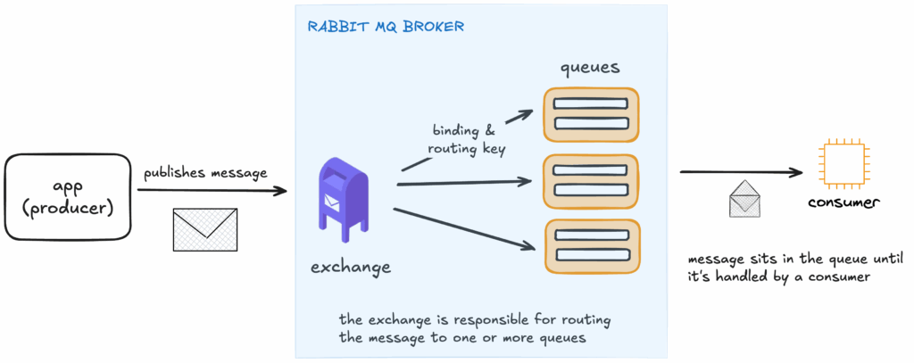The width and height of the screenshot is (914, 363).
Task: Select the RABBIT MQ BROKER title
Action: pyautogui.click(x=385, y=26)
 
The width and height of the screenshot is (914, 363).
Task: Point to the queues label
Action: pyautogui.click(x=590, y=67)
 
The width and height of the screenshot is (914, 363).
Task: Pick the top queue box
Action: pyautogui.click(x=592, y=114)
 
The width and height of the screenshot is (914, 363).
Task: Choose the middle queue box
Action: pyautogui.click(x=592, y=181)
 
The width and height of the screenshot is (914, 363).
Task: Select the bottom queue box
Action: pyautogui.click(x=593, y=246)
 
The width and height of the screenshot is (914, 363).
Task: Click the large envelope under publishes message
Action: pyautogui.click(x=205, y=229)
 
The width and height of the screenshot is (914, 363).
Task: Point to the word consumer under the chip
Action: pyautogui.click(x=843, y=203)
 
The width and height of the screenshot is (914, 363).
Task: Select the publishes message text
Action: pyautogui.click(x=205, y=173)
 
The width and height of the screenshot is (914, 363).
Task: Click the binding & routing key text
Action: pyautogui.click(x=469, y=142)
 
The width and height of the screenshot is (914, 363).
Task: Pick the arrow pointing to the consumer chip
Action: pyautogui.click(x=741, y=171)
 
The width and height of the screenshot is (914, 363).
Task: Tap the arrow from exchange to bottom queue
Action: pyautogui.click(x=464, y=229)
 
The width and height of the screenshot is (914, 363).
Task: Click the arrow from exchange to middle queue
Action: pyautogui.click(x=464, y=183)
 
